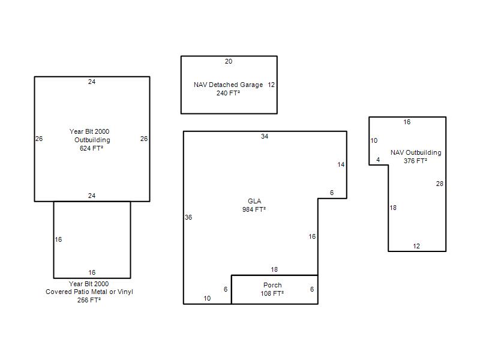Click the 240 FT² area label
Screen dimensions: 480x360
228,93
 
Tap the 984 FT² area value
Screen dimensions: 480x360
254,209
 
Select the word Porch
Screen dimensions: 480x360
272,285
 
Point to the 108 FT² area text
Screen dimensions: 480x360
272,293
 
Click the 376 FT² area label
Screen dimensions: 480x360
415,161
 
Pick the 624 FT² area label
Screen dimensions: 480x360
91,148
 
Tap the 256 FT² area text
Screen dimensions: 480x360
89,300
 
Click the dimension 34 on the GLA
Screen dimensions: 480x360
265,136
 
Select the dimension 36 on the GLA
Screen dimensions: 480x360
188,217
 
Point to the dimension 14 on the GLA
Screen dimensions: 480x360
341,164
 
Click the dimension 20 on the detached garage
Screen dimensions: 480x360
229,61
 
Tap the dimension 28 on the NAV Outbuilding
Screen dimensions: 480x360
440,184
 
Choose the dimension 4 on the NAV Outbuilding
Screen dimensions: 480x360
378,160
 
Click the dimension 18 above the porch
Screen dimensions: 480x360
274,269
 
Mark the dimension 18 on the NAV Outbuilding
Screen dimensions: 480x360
393,208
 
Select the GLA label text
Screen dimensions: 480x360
254,201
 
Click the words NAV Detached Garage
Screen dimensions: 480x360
229,85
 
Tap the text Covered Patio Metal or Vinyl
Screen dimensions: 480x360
89,292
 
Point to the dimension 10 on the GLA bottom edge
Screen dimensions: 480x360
207,298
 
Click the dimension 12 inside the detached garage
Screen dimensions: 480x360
271,85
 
